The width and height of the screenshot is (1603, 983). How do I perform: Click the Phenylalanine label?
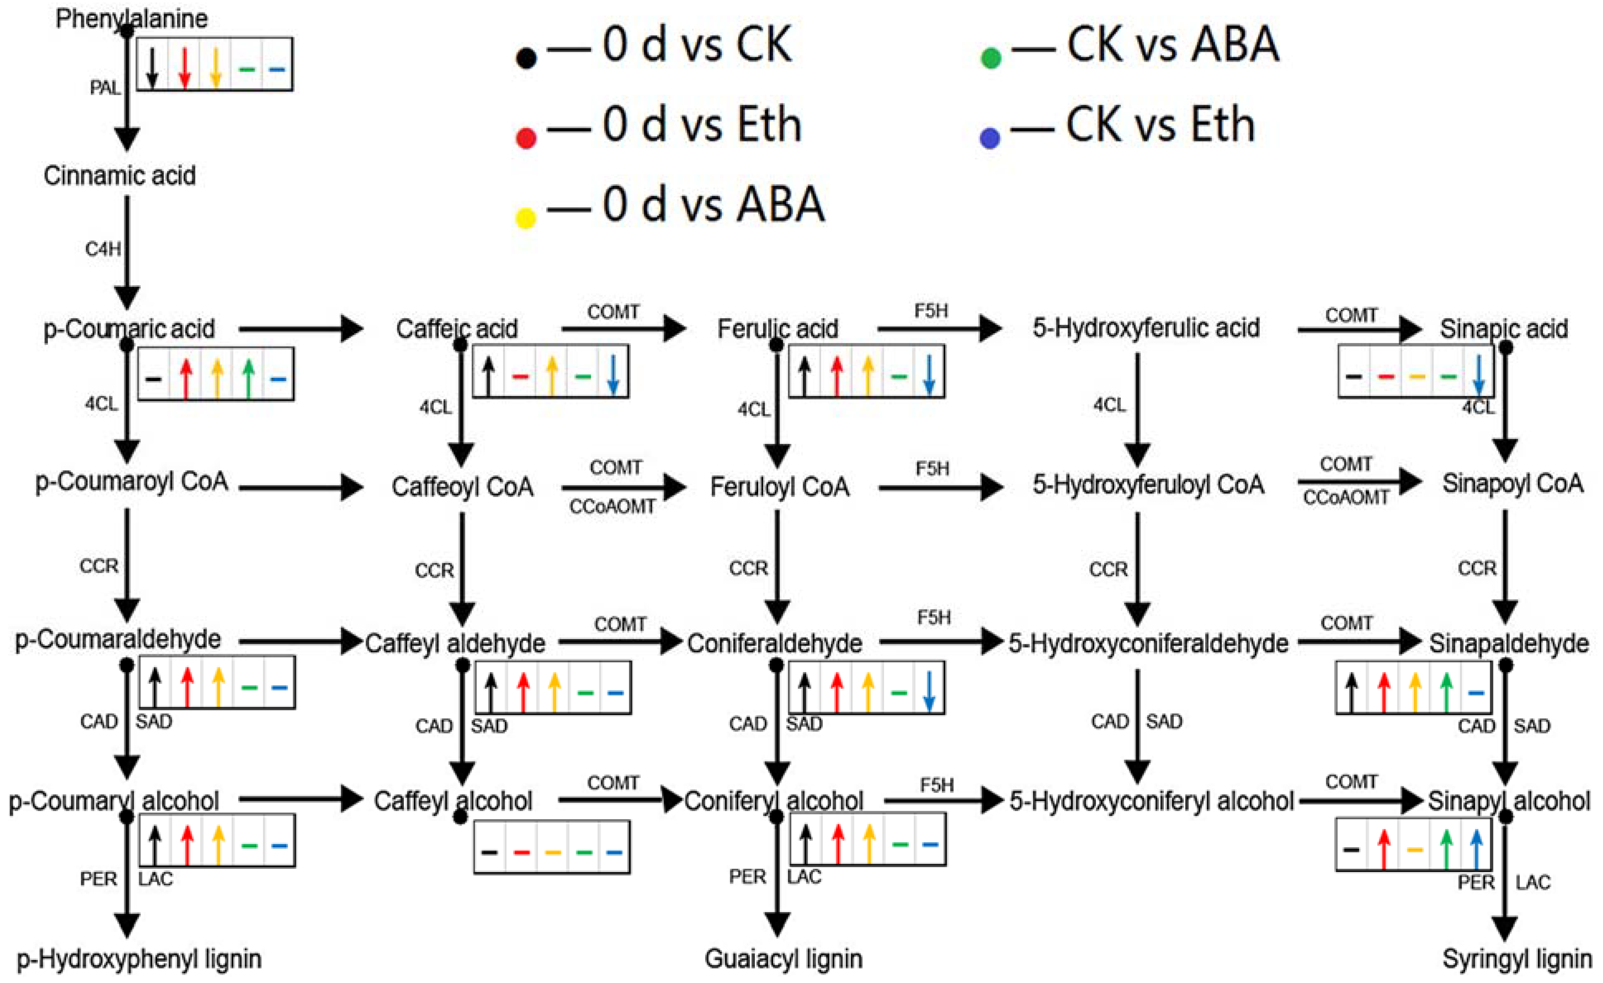coord(132,19)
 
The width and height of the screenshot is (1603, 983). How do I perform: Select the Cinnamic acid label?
coord(120,175)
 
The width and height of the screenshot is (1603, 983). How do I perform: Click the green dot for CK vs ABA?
coord(990,58)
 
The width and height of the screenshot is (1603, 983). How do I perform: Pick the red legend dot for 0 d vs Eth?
coord(526,138)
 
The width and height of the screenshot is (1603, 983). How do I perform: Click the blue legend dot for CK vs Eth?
coord(990,138)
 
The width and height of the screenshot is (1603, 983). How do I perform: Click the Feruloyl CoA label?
coord(779,487)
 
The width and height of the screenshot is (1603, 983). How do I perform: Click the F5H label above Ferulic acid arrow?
coord(931,311)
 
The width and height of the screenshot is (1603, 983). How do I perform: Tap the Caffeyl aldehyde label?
coord(455,644)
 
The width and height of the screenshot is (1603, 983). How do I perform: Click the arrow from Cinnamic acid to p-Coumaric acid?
coord(127,252)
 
